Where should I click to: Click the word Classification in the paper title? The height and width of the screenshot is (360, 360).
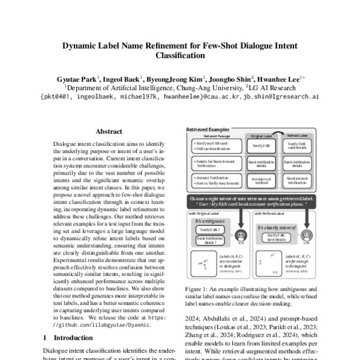[x=179, y=55]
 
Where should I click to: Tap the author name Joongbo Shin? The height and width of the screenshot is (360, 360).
[x=230, y=77]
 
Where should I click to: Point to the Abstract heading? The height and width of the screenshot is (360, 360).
[x=109, y=131]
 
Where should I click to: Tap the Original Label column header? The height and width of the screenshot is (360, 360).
[x=262, y=136]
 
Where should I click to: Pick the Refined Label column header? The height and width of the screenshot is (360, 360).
[x=298, y=136]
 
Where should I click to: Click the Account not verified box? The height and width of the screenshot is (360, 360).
[x=262, y=182]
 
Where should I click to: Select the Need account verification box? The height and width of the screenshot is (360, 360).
[x=298, y=182]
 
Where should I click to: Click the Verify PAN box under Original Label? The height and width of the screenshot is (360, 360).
[x=262, y=146]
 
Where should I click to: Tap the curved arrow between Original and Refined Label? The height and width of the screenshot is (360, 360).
[x=280, y=131]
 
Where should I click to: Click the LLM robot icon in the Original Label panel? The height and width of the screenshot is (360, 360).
[x=241, y=236]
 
